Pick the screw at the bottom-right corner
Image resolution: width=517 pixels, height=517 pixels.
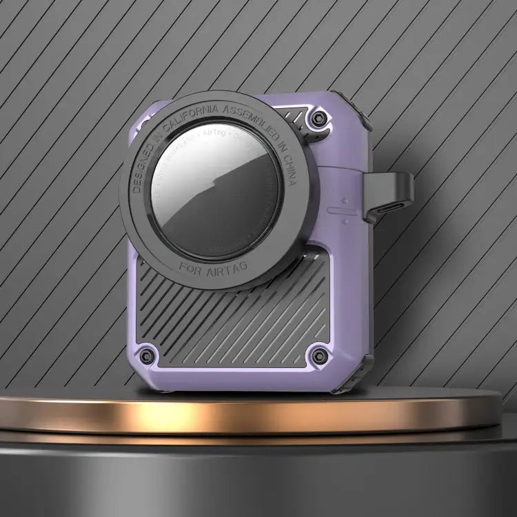click(319, 356)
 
